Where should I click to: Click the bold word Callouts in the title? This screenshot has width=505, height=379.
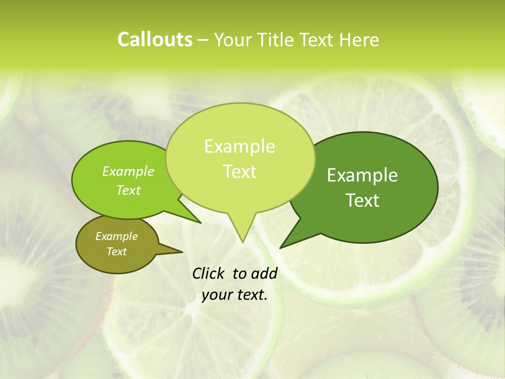pos(155,39)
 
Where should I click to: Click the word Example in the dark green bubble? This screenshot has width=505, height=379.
pos(362,175)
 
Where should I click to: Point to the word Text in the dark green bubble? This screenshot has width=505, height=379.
pos(362,201)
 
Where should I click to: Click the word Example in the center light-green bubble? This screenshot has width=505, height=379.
pos(239,146)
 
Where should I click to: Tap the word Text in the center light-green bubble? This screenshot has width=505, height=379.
pos(239,172)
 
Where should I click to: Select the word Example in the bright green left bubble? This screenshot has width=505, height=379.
pos(128,171)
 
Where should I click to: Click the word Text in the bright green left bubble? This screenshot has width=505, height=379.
pos(128,190)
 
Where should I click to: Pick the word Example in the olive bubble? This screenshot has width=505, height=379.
pos(116,236)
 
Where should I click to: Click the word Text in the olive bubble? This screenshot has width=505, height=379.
pos(116,252)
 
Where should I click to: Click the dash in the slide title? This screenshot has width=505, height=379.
pos(204,40)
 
